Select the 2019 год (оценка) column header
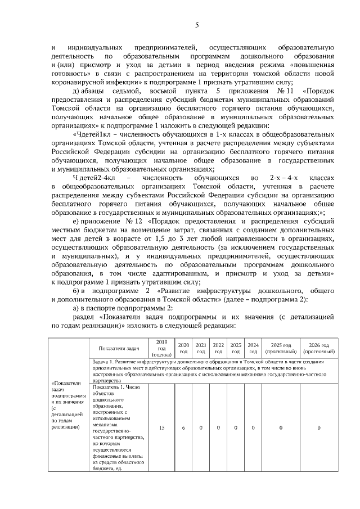pyautogui.click(x=161, y=348)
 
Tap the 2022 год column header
pyautogui.click(x=218, y=348)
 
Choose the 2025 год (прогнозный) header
pyautogui.click(x=281, y=348)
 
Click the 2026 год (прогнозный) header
pyautogui.click(x=318, y=348)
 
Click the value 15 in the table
pyautogui.click(x=161, y=428)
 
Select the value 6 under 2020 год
pyautogui.click(x=183, y=428)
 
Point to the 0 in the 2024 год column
pyautogui.click(x=253, y=428)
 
